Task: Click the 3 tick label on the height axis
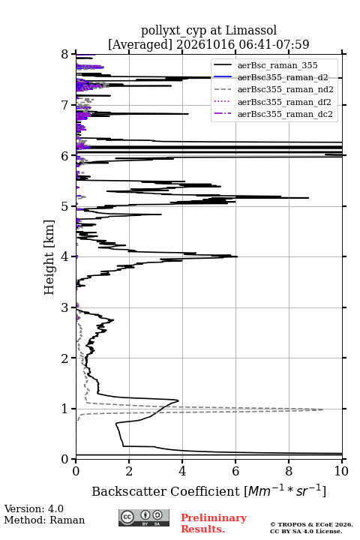[x=64, y=307]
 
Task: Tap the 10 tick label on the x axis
[x=342, y=471]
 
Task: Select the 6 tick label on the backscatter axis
[x=235, y=471]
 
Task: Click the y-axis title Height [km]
[x=49, y=257]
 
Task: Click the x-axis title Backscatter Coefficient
[x=165, y=491]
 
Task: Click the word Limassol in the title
[x=250, y=31]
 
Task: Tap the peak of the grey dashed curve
[x=322, y=409]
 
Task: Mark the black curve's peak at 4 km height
[x=237, y=256]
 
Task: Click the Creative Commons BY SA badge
[x=144, y=518]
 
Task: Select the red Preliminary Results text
[x=214, y=523]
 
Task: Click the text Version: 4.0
[x=34, y=508]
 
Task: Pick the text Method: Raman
[x=44, y=520]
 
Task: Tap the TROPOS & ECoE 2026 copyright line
[x=311, y=524]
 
